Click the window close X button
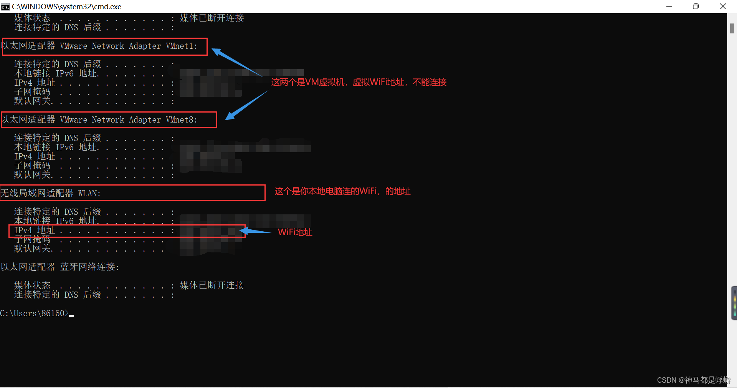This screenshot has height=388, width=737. tap(723, 7)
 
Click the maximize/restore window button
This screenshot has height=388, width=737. tap(696, 7)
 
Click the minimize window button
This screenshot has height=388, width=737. tap(669, 7)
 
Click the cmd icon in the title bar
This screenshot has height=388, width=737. tap(5, 7)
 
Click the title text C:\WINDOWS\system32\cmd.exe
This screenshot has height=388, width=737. tap(66, 7)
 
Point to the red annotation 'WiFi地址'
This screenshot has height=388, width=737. tap(295, 232)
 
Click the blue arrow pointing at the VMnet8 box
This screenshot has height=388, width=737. tap(246, 106)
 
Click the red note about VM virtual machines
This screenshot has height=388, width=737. tap(359, 82)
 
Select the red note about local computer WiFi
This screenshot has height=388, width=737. tap(342, 191)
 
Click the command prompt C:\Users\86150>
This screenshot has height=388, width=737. tap(34, 313)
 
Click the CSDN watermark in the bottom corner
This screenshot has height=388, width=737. tap(693, 380)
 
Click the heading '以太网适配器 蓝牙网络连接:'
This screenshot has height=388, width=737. tap(60, 267)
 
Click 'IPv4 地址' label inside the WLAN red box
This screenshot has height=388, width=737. tap(35, 230)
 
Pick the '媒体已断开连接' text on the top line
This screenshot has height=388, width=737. tap(212, 18)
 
